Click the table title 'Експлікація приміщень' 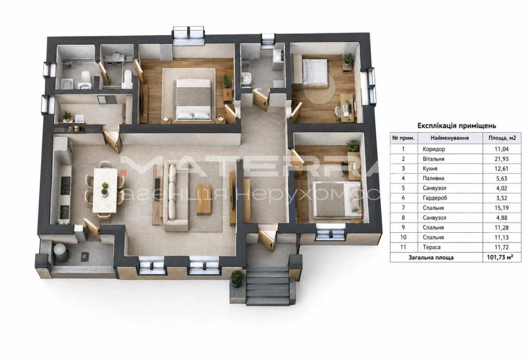[457, 126]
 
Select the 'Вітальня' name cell [434, 159]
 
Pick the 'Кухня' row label [430, 168]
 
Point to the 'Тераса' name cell [431, 247]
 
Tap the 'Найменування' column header [450, 138]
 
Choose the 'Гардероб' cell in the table [435, 198]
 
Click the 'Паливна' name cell [434, 178]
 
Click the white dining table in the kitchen [105, 190]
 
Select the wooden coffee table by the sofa [204, 199]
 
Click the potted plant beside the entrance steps [236, 279]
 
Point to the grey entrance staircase [268, 287]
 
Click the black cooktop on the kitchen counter [65, 186]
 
